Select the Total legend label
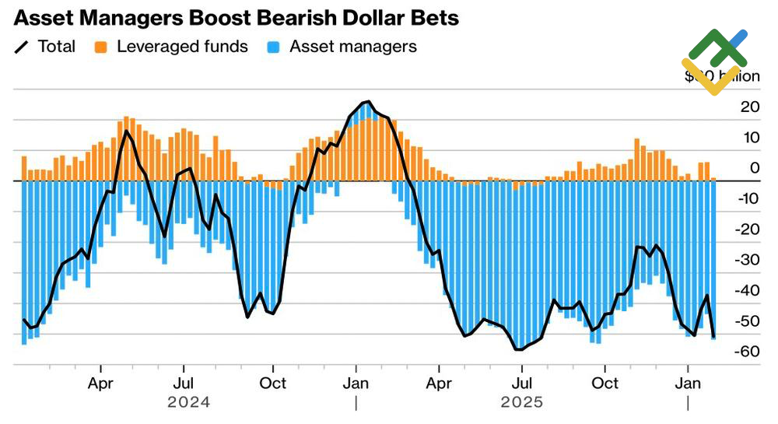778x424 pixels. [x=57, y=47]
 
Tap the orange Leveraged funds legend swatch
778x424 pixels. [x=100, y=47]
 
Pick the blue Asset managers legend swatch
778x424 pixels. [x=273, y=47]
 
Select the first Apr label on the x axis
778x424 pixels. [x=100, y=384]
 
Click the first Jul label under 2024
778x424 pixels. [x=184, y=384]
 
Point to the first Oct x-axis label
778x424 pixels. [x=272, y=384]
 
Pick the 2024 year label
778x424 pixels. [x=188, y=403]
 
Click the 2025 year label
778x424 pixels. [x=522, y=403]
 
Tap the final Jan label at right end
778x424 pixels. [x=688, y=384]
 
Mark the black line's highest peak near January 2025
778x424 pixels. [x=367, y=102]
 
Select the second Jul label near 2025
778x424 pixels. [x=522, y=384]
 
